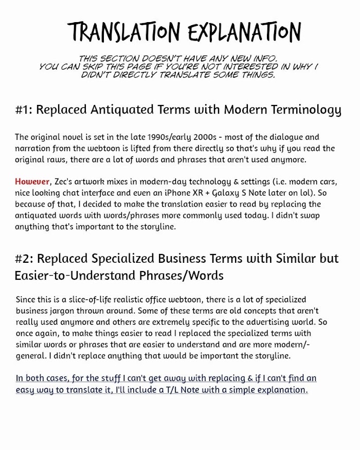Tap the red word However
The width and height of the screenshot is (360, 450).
coord(32,182)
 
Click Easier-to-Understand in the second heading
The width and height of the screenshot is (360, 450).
coord(76,275)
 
